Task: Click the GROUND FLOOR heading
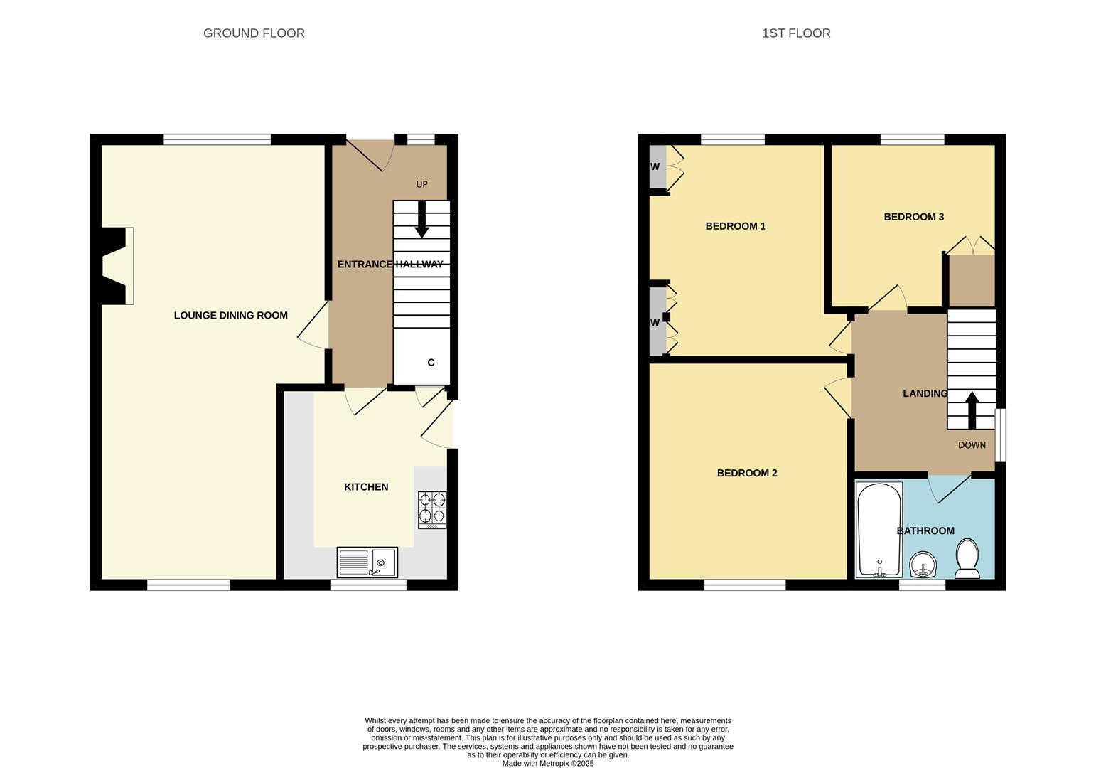(x=254, y=33)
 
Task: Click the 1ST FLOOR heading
(x=796, y=33)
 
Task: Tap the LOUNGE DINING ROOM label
(x=230, y=315)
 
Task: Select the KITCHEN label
(x=366, y=487)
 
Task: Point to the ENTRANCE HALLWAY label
(x=389, y=265)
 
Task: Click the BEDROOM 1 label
(x=735, y=226)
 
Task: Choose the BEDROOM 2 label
(x=746, y=473)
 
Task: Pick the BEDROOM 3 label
(x=913, y=217)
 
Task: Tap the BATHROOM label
(x=925, y=530)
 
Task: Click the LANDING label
(x=925, y=393)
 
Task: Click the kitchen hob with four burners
(x=432, y=509)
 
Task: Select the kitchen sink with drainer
(x=367, y=562)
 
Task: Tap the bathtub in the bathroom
(x=879, y=530)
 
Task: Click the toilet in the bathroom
(x=967, y=558)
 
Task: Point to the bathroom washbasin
(x=924, y=566)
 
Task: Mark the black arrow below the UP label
(x=421, y=220)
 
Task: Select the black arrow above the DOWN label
(x=972, y=409)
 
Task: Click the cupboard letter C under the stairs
(x=431, y=363)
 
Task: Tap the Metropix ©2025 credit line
(x=547, y=763)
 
